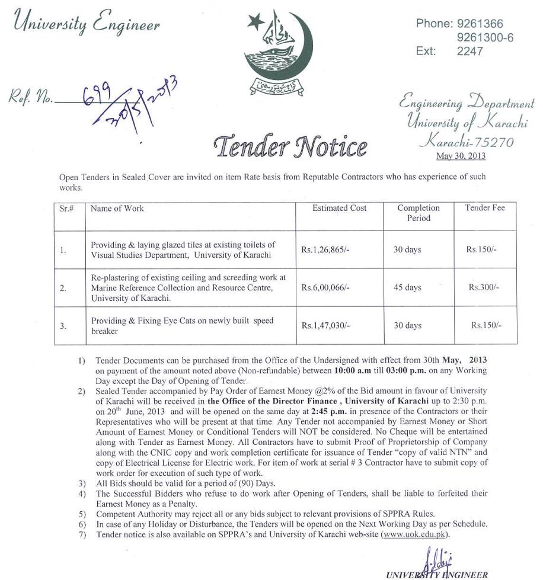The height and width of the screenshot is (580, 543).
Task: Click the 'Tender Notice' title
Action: click(x=290, y=145)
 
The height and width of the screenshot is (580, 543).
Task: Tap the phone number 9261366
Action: click(x=480, y=24)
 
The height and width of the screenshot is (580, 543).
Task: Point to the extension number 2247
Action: click(x=470, y=51)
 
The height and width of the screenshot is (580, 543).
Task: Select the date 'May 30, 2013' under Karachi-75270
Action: click(x=461, y=156)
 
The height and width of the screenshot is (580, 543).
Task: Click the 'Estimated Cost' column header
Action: click(x=340, y=209)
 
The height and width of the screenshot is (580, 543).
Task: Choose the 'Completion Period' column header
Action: click(x=419, y=213)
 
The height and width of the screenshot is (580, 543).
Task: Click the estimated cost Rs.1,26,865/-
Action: click(x=325, y=250)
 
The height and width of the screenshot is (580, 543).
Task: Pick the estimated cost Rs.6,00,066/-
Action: click(x=325, y=287)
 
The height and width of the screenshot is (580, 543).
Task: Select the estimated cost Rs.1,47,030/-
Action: click(x=325, y=325)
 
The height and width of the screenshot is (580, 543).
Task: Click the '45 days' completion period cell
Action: click(x=407, y=287)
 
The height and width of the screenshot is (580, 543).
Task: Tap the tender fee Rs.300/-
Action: click(x=484, y=287)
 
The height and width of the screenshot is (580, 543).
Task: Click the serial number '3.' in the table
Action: click(x=63, y=326)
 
